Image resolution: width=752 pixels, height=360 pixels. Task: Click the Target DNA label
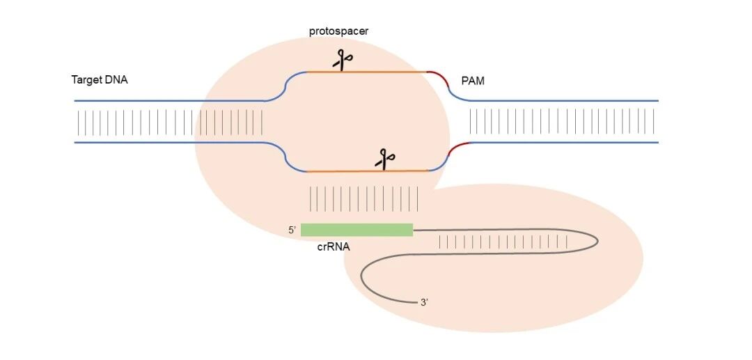click(x=100, y=80)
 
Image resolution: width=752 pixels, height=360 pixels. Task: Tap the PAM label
click(x=473, y=81)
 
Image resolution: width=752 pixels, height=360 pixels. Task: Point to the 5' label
click(x=292, y=230)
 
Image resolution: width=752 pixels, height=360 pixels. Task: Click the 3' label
click(x=424, y=302)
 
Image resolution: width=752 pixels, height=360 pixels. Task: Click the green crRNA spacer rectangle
click(x=357, y=230)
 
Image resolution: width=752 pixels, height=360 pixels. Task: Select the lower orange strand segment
click(x=334, y=171)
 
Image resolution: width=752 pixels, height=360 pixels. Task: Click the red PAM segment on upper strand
click(x=438, y=76)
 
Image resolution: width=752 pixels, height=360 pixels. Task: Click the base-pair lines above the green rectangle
click(x=363, y=198)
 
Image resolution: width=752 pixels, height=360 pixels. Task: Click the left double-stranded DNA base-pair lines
click(x=171, y=122)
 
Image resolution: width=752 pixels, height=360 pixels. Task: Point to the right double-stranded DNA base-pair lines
click(x=564, y=122)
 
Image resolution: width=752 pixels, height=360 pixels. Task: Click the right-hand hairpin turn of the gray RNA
click(x=596, y=240)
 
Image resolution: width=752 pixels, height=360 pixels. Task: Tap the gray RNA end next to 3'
click(x=411, y=302)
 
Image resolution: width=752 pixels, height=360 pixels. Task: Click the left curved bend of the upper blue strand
click(x=287, y=86)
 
